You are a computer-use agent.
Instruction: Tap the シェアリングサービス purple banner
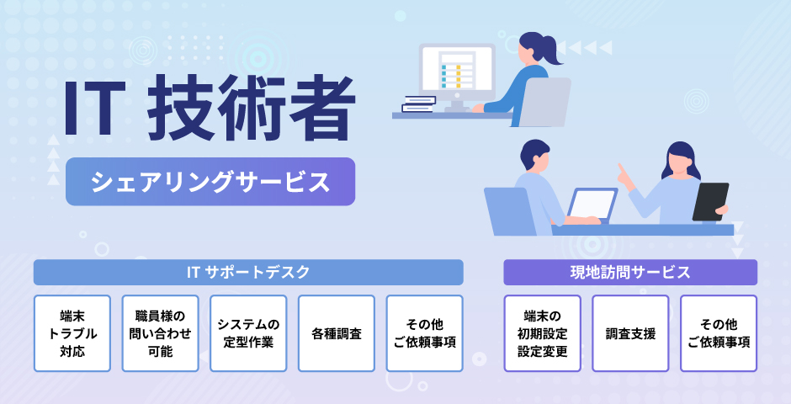pyautogui.click(x=210, y=182)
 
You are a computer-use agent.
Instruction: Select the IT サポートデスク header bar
pyautogui.click(x=248, y=273)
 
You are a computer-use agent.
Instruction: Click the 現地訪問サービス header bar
pyautogui.click(x=630, y=273)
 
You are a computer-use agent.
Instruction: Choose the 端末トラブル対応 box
pyautogui.click(x=72, y=333)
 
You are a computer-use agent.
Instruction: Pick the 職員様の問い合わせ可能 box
pyautogui.click(x=161, y=333)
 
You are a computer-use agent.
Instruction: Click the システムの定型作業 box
pyautogui.click(x=248, y=333)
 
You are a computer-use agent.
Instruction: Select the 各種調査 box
pyautogui.click(x=337, y=333)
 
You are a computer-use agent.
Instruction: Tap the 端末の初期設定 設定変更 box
pyautogui.click(x=542, y=333)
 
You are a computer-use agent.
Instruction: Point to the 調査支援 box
pyautogui.click(x=630, y=333)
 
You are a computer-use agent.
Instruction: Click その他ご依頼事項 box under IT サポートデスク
pyautogui.click(x=425, y=333)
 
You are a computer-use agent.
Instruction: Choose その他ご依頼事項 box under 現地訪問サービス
pyautogui.click(x=719, y=333)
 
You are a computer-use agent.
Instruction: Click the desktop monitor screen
pyautogui.click(x=457, y=71)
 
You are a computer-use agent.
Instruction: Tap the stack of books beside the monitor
pyautogui.click(x=419, y=104)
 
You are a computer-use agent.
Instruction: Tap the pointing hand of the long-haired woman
pyautogui.click(x=626, y=176)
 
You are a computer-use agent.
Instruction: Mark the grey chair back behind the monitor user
pyautogui.click(x=544, y=102)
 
